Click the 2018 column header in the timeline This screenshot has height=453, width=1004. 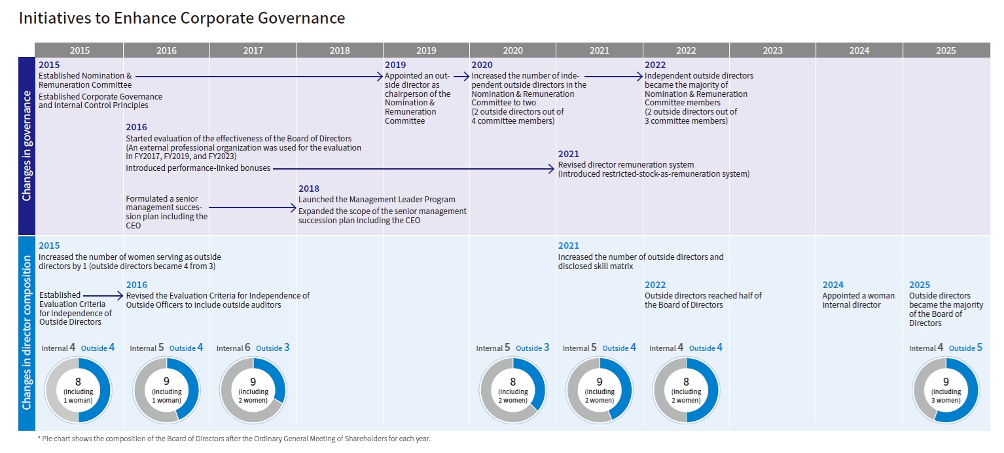click(x=340, y=50)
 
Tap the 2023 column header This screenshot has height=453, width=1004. click(x=772, y=50)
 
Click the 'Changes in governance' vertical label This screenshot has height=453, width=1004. click(x=26, y=146)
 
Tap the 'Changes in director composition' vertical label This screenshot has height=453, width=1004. click(x=26, y=333)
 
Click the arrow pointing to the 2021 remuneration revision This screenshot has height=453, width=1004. click(x=414, y=169)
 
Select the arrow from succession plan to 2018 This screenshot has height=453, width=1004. click(x=253, y=208)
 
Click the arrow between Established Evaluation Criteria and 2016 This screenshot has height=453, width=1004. click(x=103, y=296)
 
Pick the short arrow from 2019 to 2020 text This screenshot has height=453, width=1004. click(x=461, y=77)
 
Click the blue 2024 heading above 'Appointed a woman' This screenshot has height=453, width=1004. click(x=833, y=285)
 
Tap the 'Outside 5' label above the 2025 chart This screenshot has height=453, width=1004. click(x=965, y=348)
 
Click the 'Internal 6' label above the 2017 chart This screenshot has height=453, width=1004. click(x=233, y=348)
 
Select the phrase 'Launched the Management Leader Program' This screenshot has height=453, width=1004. click(x=376, y=200)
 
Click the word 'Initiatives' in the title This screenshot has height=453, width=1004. click(x=54, y=18)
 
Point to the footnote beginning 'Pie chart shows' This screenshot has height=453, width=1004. click(x=234, y=439)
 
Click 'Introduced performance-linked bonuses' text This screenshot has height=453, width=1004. click(x=198, y=168)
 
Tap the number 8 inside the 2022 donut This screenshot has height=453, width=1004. click(x=686, y=382)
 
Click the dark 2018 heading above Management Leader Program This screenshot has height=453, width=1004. click(x=309, y=189)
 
